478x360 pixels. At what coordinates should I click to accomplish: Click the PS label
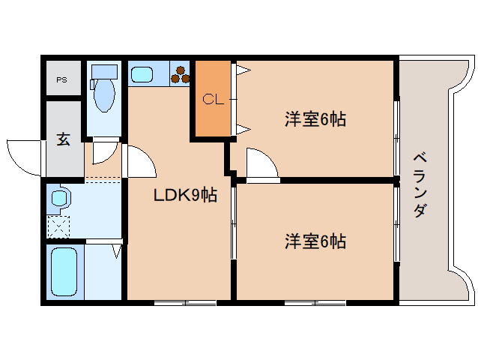pyautogui.click(x=61, y=79)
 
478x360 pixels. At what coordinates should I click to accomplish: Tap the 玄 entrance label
pyautogui.click(x=63, y=139)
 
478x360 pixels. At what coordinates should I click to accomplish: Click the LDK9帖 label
pyautogui.click(x=185, y=196)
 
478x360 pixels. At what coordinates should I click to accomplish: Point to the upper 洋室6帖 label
pyautogui.click(x=315, y=118)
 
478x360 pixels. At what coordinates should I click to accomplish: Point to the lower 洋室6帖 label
pyautogui.click(x=315, y=241)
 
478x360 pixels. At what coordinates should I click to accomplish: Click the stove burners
pyautogui.click(x=181, y=74)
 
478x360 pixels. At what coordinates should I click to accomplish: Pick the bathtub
pyautogui.click(x=64, y=271)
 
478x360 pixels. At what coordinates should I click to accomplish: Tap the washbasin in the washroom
pyautogui.click(x=59, y=199)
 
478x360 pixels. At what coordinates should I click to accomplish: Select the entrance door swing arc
pyautogui.click(x=22, y=155)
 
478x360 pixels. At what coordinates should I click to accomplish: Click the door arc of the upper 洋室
pyautogui.click(x=258, y=163)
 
